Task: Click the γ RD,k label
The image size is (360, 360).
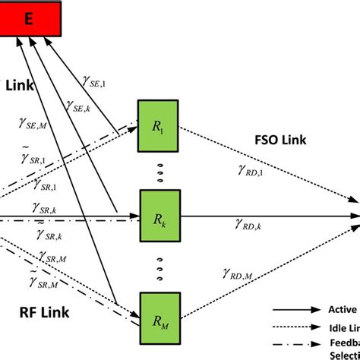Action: [248, 225]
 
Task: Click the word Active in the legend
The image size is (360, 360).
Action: [342, 309]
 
